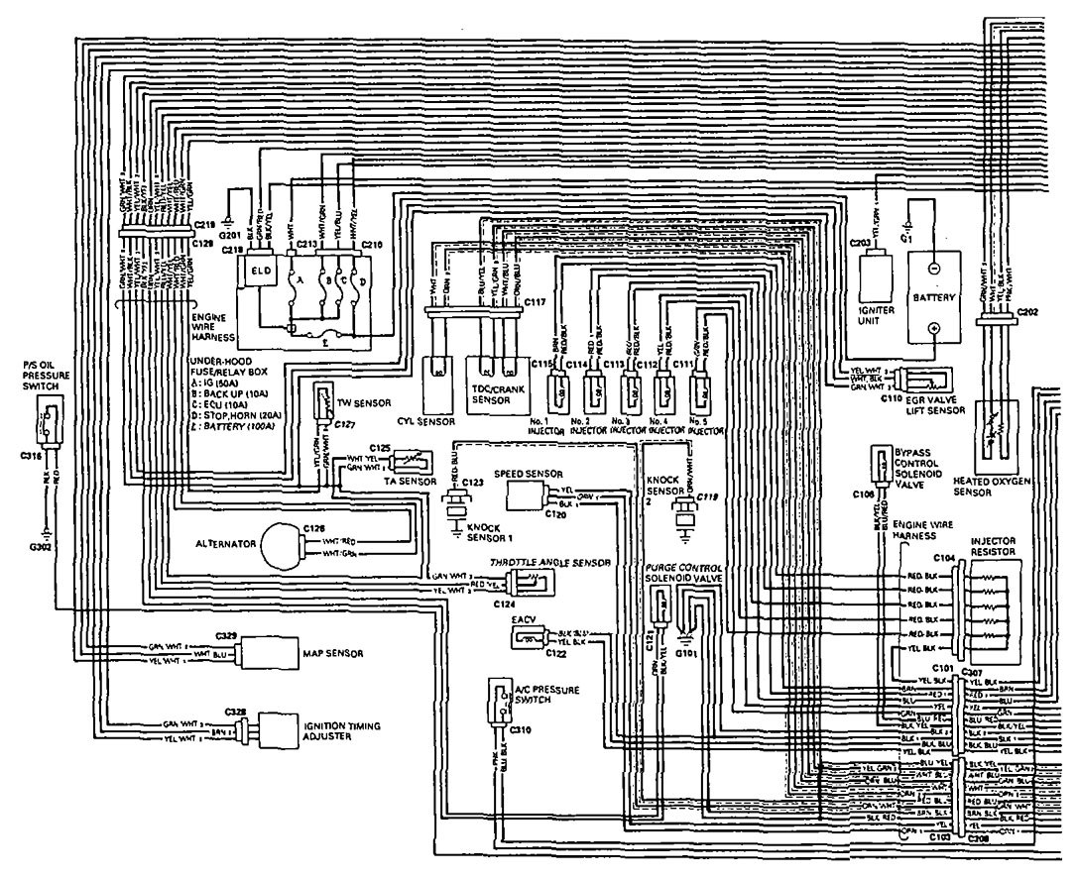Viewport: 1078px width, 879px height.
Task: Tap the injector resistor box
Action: [996, 604]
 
